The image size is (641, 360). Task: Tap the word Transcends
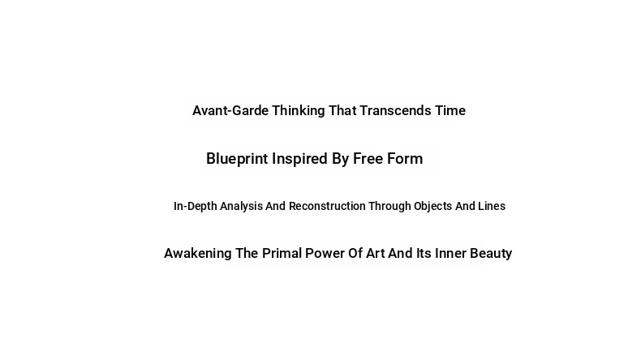point(395,110)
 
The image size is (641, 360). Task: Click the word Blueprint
point(237,159)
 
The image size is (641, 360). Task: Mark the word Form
point(405,159)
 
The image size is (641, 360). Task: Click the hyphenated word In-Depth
point(196,207)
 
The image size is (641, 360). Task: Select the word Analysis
point(241,207)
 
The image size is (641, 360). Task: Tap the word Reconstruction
point(327,206)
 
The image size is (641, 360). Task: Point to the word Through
point(389,207)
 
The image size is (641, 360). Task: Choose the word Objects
point(433,207)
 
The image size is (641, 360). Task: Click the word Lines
point(492,206)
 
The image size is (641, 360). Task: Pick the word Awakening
point(198,253)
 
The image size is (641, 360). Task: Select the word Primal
point(282,253)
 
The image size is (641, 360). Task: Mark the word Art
point(376,253)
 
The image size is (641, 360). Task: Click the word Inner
point(450,253)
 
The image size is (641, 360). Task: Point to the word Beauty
point(491,254)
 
